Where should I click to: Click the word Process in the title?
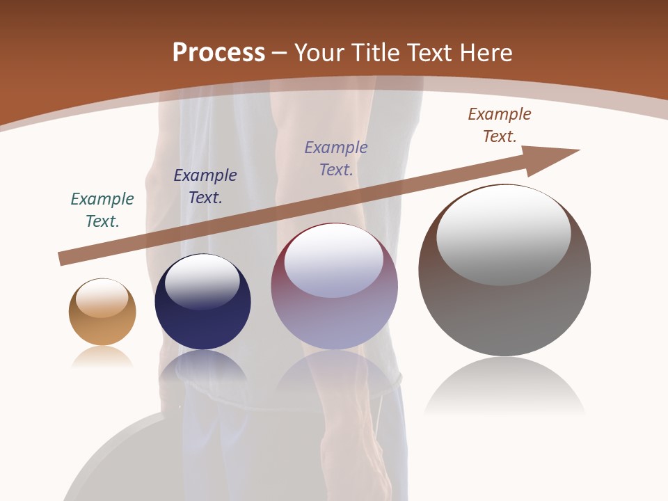218,53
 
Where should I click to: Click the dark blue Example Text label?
205,186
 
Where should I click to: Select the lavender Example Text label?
336,159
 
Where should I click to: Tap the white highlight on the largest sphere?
504,233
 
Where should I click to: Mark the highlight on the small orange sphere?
102,298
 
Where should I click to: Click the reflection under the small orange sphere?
102,357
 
